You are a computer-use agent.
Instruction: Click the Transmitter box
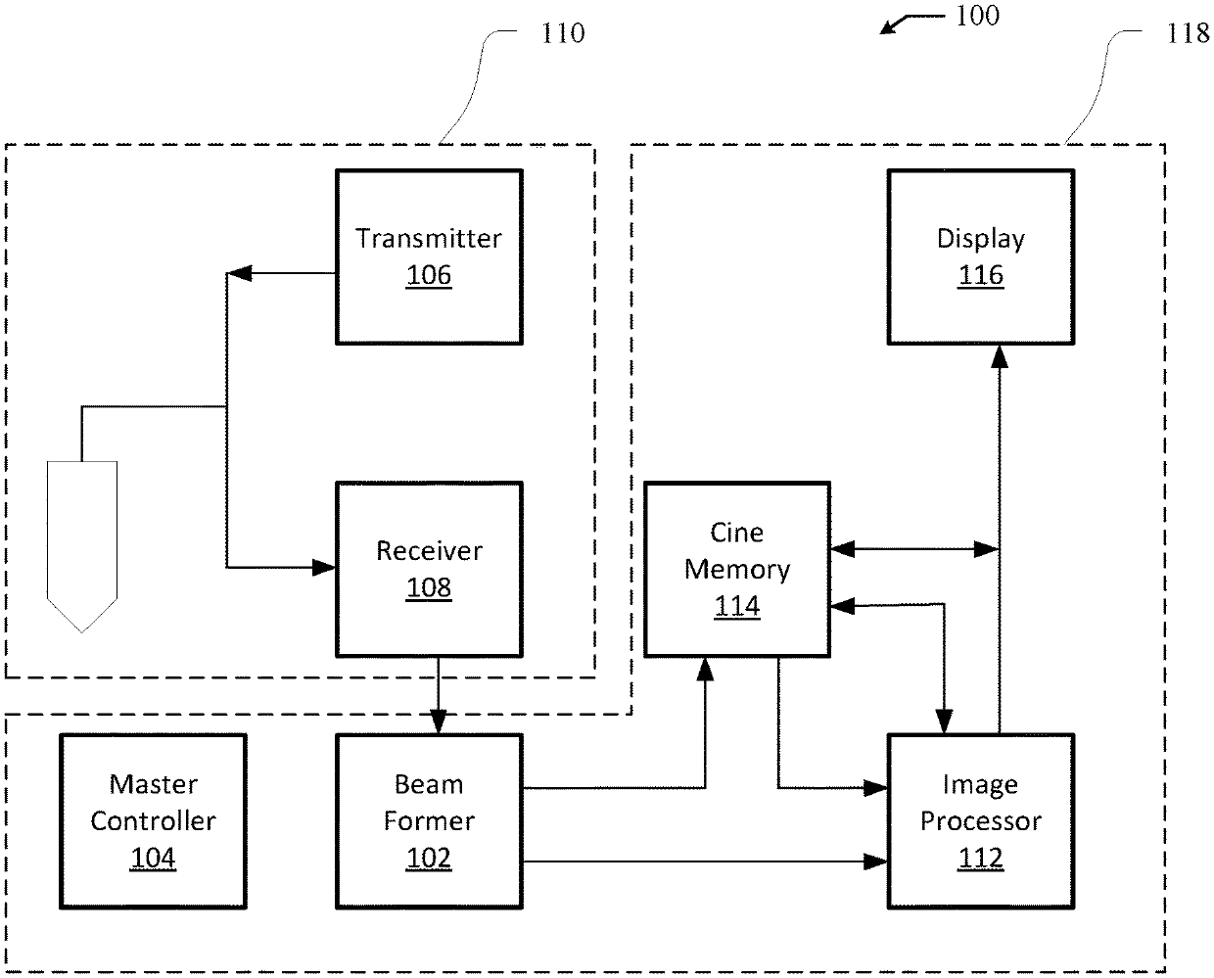coord(429,256)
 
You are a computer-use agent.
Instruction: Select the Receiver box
coord(429,569)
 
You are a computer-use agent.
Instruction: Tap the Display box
coord(980,256)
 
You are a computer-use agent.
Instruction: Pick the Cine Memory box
coord(737,569)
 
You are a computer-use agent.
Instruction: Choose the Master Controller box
coord(153,821)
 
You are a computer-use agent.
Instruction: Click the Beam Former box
coord(429,821)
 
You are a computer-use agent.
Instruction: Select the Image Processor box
coord(980,821)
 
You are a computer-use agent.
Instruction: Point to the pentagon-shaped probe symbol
coord(82,546)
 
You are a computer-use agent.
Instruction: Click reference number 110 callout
coord(562,33)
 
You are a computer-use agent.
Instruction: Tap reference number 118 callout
coord(1188,33)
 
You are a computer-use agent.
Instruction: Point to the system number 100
coord(978,16)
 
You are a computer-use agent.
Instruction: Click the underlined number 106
coord(429,275)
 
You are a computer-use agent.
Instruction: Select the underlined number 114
coord(737,606)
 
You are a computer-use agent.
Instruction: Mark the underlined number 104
coord(153,858)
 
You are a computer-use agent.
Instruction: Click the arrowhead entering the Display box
coord(999,356)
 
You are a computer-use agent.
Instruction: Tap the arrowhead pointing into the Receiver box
coord(324,568)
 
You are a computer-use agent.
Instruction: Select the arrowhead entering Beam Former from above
coord(439,722)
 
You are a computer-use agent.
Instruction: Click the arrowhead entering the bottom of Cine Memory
coord(705,669)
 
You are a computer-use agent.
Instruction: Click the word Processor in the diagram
coord(980,821)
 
